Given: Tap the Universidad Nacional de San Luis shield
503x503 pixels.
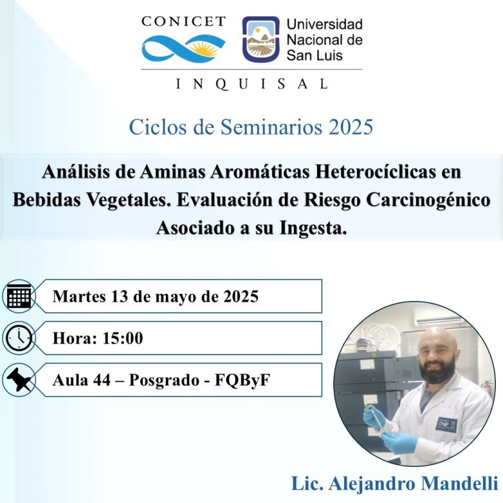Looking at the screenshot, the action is pos(261,39).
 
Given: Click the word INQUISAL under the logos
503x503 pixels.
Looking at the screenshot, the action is pos(252,84).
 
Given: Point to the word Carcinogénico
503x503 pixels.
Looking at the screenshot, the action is pos(428,200).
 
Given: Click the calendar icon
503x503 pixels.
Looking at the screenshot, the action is pos(19,296).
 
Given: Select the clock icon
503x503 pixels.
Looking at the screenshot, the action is pos(19,338).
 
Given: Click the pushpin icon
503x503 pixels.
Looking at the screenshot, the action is pos(19,380).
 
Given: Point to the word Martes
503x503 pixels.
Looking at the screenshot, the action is pos(79,296).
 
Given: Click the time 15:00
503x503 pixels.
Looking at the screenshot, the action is pos(123,338).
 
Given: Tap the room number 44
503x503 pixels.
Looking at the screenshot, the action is pos(101,380).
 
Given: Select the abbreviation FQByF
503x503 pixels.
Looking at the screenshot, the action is pos(242,380).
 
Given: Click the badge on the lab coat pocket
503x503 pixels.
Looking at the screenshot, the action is pos(447,424).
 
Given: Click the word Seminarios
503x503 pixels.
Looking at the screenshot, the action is pos(271,127).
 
